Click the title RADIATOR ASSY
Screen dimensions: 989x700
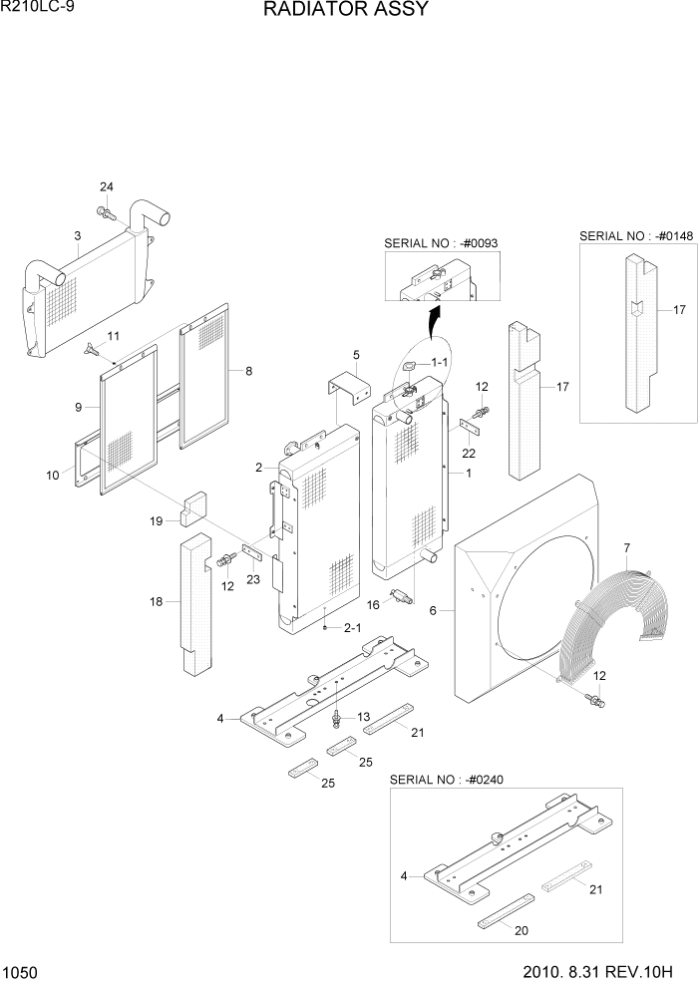tap(346, 10)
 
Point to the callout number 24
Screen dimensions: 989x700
tap(107, 187)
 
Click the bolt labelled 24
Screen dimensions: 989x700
tap(104, 211)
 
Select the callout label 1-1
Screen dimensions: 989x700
tap(440, 363)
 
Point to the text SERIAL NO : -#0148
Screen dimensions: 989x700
tap(636, 235)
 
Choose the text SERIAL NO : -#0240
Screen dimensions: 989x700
tap(448, 779)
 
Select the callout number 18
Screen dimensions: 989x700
tap(155, 601)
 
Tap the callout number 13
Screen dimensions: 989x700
tap(363, 717)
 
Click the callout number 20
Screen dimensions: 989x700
tap(521, 930)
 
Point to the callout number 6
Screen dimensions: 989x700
tap(433, 610)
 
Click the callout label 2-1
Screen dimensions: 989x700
tap(352, 628)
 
